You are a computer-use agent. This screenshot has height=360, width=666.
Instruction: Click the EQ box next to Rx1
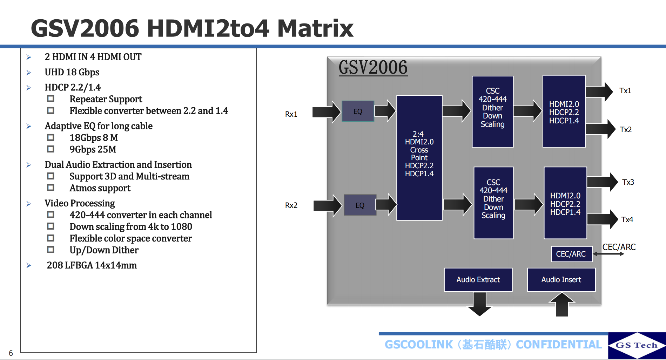[x=358, y=111]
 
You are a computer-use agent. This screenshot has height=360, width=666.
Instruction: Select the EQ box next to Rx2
[x=360, y=205]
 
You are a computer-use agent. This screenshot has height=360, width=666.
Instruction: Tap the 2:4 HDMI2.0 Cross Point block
[x=419, y=158]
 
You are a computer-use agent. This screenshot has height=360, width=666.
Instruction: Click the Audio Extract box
[x=478, y=280]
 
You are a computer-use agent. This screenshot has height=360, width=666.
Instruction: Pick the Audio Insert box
[x=561, y=280]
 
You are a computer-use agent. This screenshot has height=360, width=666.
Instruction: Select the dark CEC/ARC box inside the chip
[x=571, y=254]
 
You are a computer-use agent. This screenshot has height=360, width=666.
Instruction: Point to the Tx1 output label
[x=625, y=91]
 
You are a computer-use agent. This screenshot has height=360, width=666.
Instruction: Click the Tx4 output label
[x=627, y=220]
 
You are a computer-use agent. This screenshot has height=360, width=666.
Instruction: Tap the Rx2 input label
[x=291, y=205]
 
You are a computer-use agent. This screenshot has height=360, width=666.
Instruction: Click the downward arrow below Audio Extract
[x=479, y=304]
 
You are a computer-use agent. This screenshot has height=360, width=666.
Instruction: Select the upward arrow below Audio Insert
[x=562, y=304]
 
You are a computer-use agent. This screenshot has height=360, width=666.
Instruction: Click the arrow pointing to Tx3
[x=602, y=182]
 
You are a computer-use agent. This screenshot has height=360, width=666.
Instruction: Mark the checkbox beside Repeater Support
[x=51, y=99]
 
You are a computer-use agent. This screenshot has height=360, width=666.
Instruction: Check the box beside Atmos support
[x=51, y=188]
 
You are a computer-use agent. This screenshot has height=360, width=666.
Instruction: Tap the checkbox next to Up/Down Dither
[x=51, y=250]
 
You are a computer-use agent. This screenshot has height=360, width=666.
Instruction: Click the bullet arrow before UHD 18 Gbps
[x=29, y=73]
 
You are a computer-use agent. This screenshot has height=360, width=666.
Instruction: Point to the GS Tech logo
[x=637, y=345]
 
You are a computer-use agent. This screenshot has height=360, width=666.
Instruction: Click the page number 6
[x=11, y=353]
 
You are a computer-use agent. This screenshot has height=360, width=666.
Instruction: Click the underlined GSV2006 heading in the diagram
[x=373, y=67]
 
